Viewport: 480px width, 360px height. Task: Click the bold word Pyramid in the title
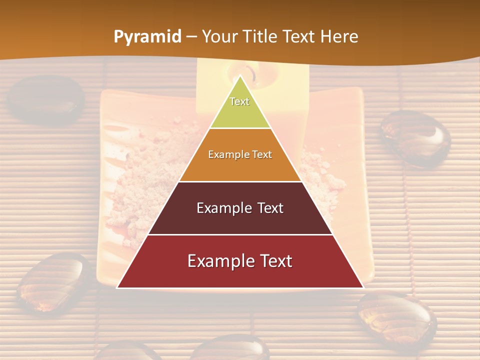(147, 37)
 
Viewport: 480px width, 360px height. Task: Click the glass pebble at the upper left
(46, 99)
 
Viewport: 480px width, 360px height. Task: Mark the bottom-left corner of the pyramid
(117, 287)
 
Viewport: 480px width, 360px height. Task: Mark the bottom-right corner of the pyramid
(363, 287)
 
